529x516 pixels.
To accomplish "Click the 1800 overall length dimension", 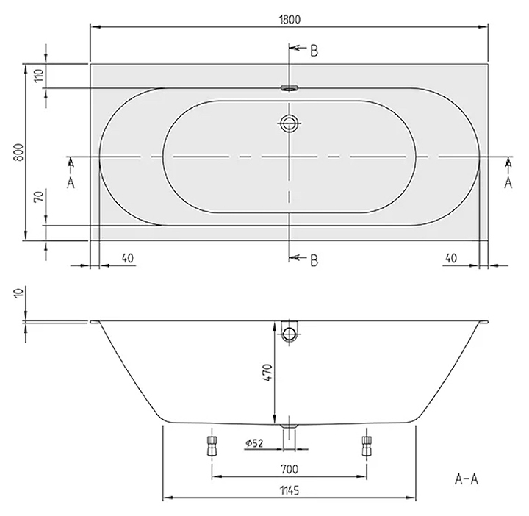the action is [x=289, y=20].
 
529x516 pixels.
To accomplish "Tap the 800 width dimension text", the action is [x=19, y=152].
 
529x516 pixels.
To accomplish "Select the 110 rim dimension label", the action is [x=39, y=75].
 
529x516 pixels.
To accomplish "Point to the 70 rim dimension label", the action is [x=39, y=196].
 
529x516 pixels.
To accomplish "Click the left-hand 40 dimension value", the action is [x=128, y=258].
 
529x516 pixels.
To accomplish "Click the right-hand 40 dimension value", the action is [x=451, y=258].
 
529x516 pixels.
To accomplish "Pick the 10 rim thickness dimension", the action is [x=19, y=292].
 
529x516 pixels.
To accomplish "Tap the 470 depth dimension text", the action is [x=267, y=373].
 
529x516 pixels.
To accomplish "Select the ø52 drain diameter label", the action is [x=254, y=442].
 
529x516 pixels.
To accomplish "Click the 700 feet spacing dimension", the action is [x=289, y=469].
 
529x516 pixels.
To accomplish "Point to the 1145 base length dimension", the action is [x=289, y=490].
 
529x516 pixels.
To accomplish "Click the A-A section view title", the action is [x=467, y=479].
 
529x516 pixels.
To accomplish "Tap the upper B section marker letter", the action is [x=314, y=51].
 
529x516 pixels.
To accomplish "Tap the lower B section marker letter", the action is [x=314, y=260].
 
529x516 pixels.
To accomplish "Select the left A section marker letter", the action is [x=71, y=183].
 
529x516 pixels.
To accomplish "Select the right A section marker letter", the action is [x=508, y=183].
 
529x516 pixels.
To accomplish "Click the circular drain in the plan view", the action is [x=289, y=123].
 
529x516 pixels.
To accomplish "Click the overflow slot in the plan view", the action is [x=289, y=88].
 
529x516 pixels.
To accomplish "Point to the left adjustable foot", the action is [x=212, y=445].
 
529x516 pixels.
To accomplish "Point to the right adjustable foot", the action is [x=367, y=445].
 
